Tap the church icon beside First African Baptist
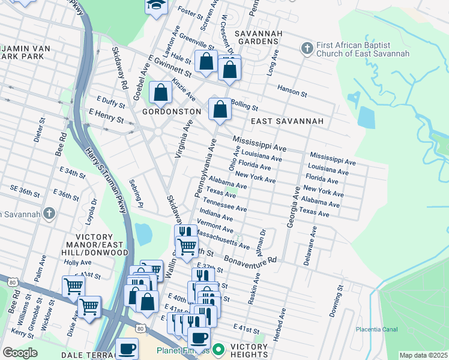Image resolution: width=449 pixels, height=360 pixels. (307, 47)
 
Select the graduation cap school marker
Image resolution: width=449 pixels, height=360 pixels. (155, 6)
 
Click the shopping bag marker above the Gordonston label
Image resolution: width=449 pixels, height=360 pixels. (160, 94)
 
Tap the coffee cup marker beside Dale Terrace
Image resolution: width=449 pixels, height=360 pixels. (126, 348)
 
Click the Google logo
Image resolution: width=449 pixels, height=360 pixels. (20, 353)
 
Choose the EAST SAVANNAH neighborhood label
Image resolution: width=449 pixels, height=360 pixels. (287, 121)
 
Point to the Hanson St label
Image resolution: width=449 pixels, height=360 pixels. (292, 91)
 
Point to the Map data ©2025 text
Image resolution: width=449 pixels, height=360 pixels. (423, 355)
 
